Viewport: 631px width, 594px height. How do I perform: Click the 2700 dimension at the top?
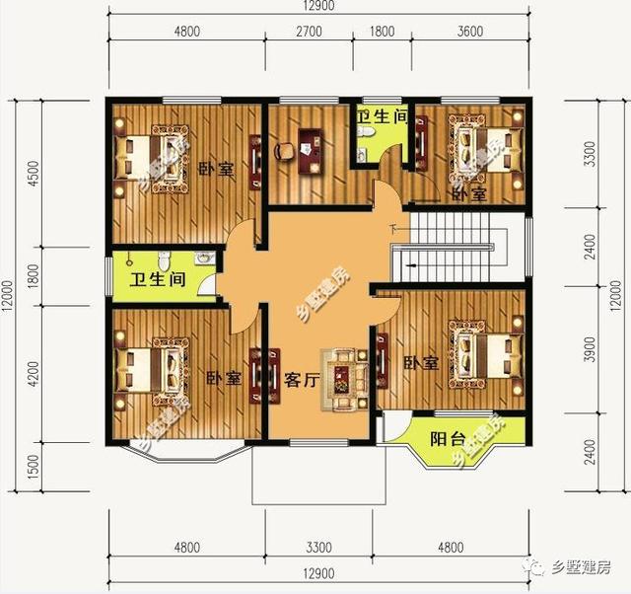pos(309,31)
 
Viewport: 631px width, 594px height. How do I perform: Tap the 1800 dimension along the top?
pos(384,31)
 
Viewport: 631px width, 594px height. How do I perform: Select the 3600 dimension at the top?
pos(470,31)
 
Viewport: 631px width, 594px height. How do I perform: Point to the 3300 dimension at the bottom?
pos(318,547)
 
